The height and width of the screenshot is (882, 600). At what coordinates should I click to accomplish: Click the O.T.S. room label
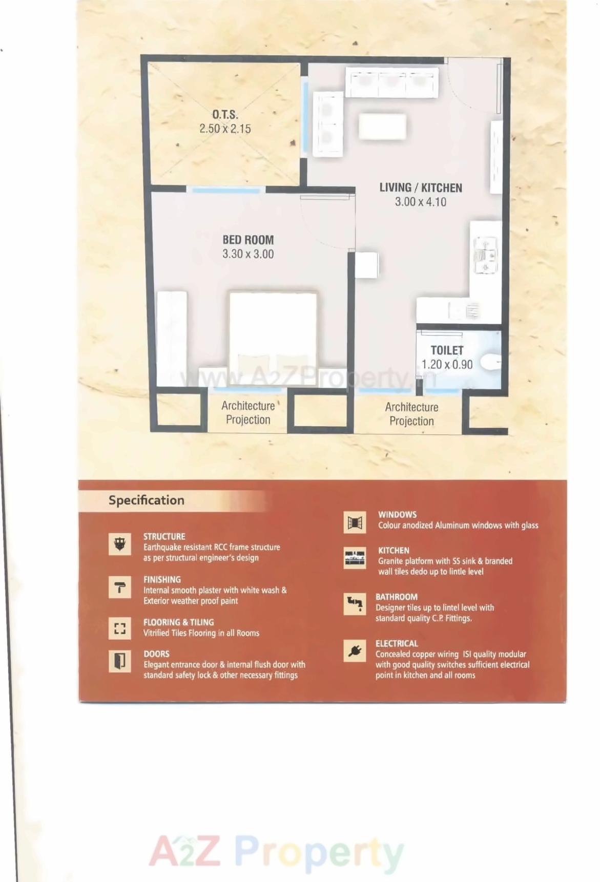point(225,115)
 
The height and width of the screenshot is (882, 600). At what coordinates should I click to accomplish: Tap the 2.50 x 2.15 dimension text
point(225,129)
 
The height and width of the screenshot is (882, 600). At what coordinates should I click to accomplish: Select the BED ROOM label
point(248,240)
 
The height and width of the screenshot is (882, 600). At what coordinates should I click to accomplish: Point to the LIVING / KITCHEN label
point(421,188)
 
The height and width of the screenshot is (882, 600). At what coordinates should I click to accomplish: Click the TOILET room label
point(447,350)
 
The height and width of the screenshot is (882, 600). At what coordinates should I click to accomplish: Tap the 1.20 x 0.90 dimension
point(447,365)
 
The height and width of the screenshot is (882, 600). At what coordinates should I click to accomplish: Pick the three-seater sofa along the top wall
point(391,82)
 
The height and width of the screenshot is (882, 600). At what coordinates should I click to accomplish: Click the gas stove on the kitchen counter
point(485,255)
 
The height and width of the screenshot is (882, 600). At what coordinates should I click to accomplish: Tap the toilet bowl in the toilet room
point(490,362)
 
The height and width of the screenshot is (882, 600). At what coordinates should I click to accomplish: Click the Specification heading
point(146,500)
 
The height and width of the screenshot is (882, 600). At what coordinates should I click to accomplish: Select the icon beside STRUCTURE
point(120,544)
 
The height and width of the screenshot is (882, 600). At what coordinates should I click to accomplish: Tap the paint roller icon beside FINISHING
point(120,587)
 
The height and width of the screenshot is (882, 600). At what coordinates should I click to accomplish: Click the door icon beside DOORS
point(120,661)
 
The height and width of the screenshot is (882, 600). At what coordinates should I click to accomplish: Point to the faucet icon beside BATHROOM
point(355,603)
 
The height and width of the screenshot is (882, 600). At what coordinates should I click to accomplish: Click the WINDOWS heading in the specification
point(397,514)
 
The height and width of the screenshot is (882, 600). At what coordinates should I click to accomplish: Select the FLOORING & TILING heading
point(178,622)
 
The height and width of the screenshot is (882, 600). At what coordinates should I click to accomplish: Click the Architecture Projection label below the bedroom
point(248,413)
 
